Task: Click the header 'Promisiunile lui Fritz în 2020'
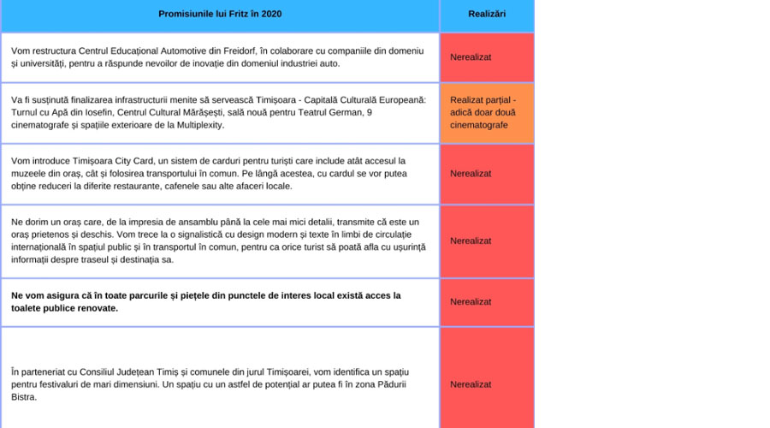tap(220, 15)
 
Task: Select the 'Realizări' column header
tap(487, 15)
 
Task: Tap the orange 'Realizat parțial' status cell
tap(487, 112)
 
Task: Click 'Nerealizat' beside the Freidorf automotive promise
tap(471, 57)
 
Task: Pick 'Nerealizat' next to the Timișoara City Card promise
tap(471, 174)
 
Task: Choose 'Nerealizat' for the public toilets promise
tap(471, 301)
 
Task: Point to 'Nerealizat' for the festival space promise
tap(471, 384)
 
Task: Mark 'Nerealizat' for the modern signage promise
tap(471, 241)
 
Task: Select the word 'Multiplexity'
tap(198, 125)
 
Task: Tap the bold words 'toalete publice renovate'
tap(64, 308)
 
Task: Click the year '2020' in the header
tap(269, 15)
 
